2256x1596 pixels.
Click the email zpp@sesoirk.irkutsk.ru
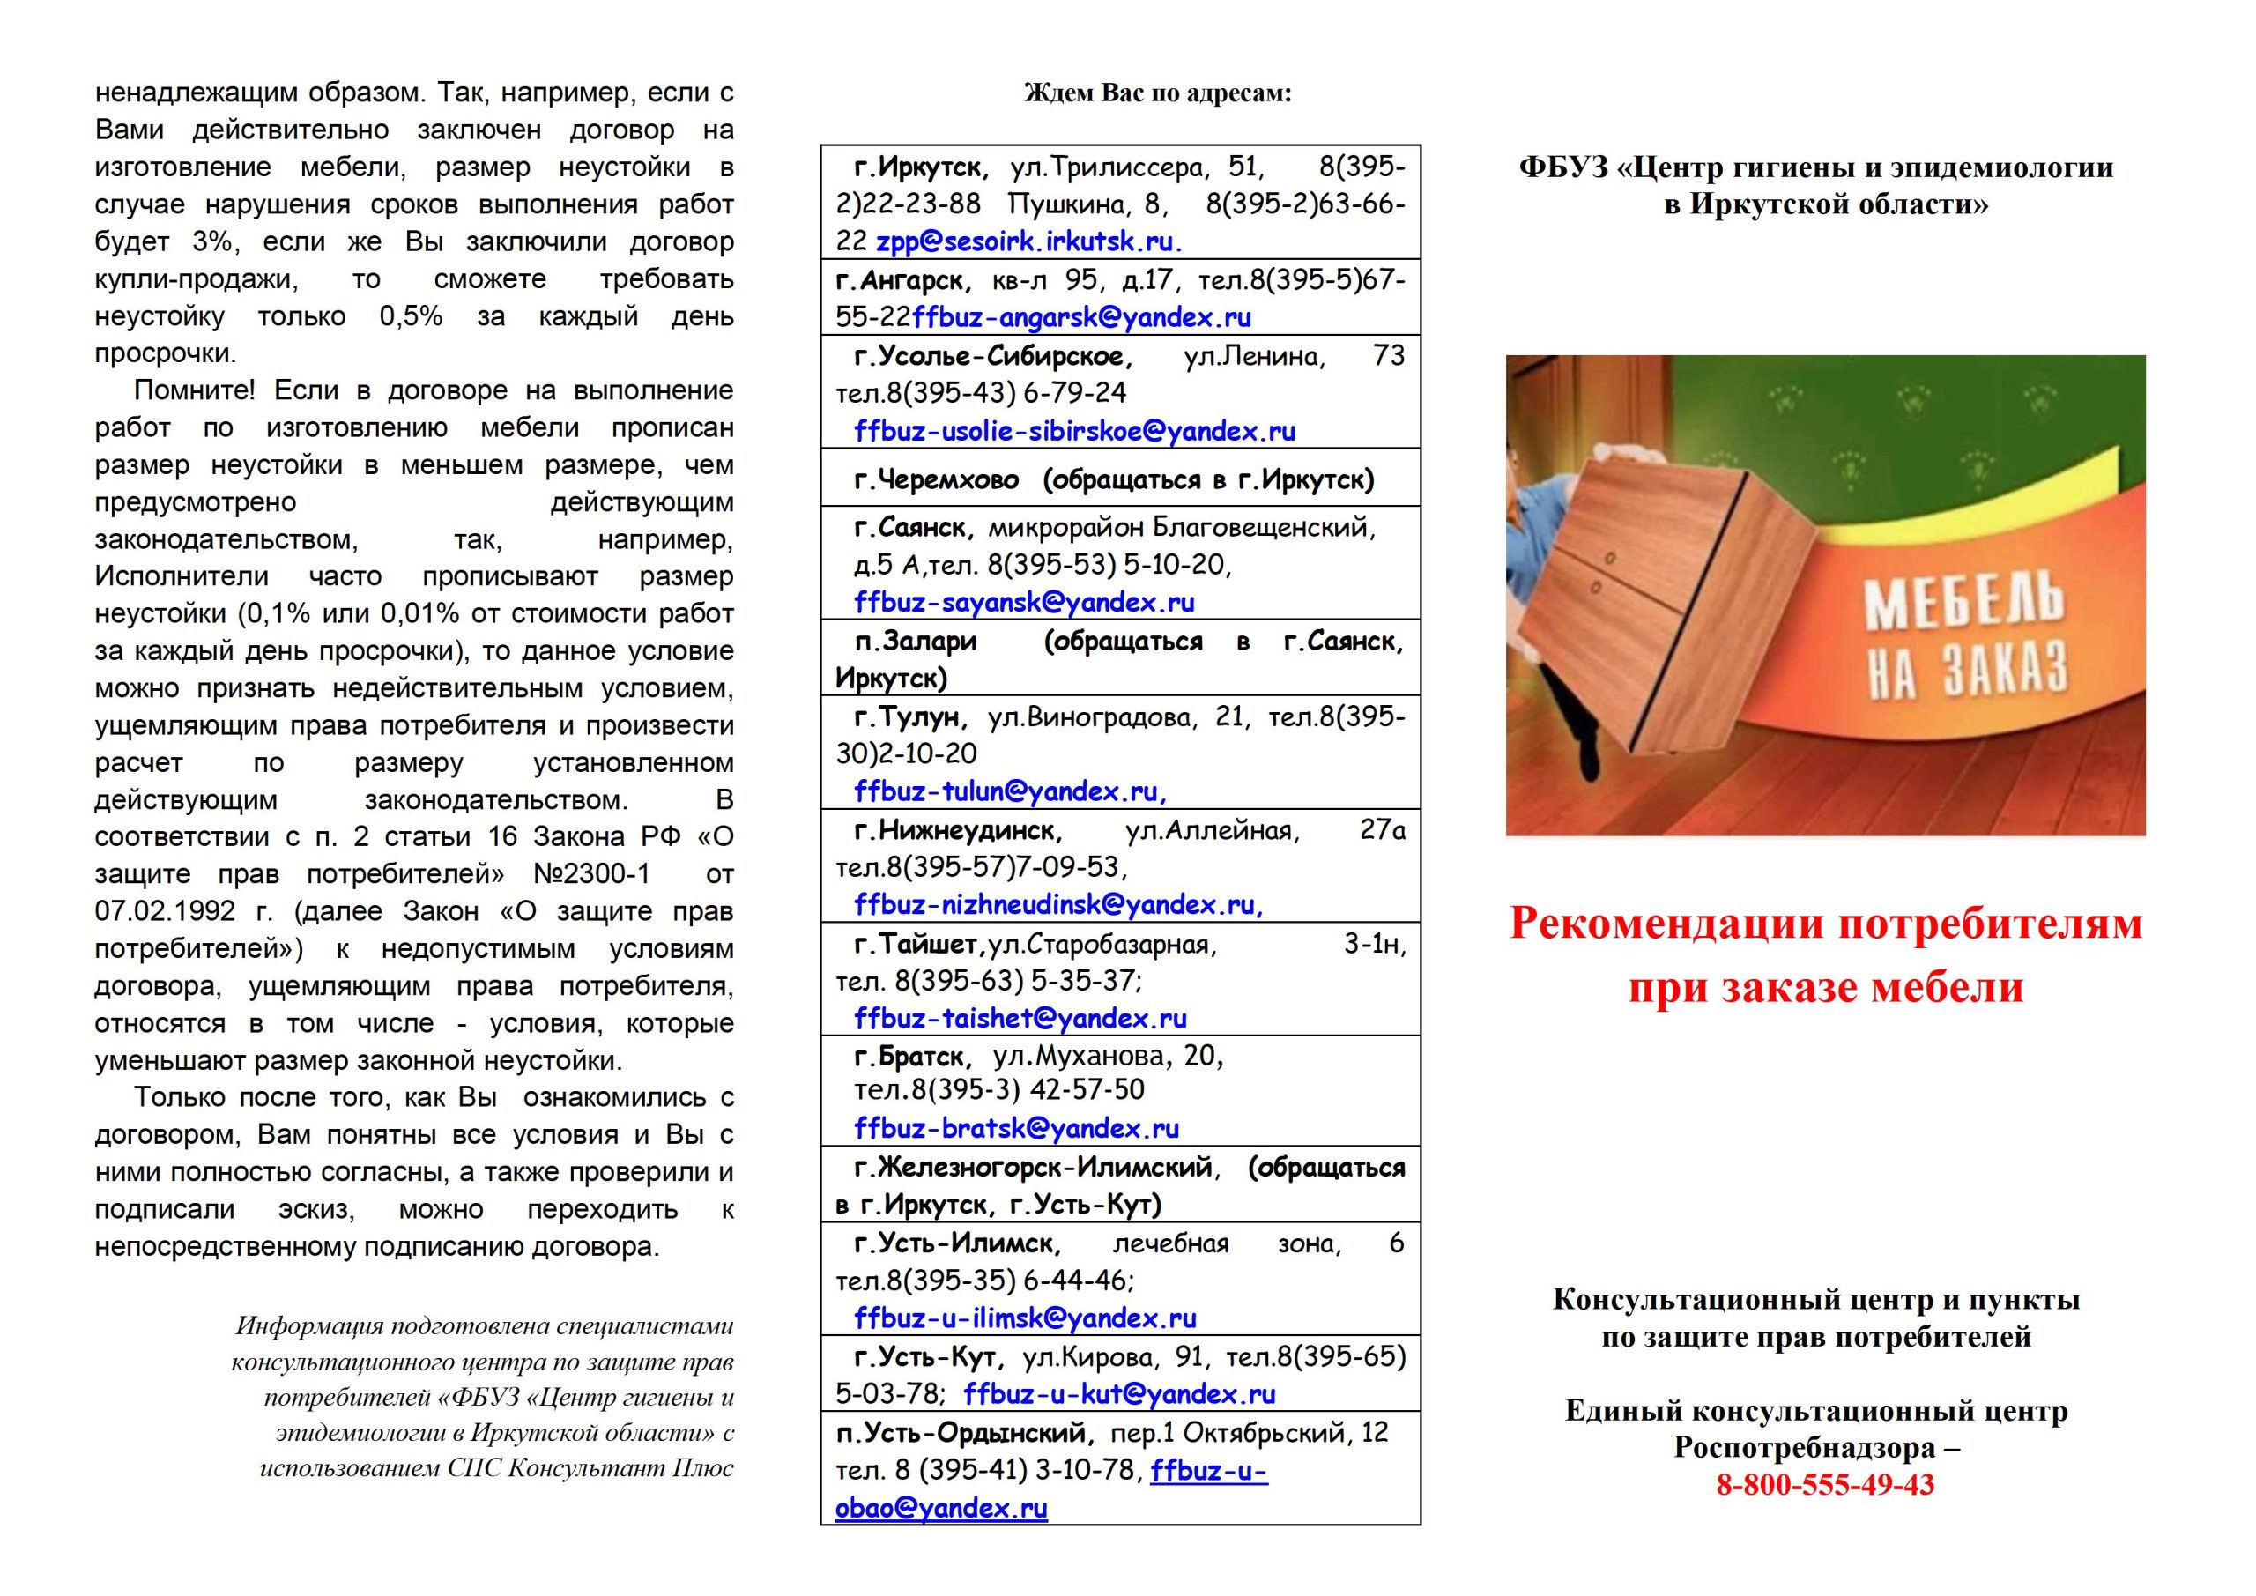tap(1028, 241)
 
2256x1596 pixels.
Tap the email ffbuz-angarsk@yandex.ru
tap(1082, 317)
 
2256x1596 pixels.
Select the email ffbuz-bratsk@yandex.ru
tap(1017, 1128)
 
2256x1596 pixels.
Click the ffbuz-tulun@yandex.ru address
tap(1010, 791)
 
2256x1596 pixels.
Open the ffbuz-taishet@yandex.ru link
tap(1020, 1018)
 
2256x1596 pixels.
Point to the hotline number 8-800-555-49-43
tap(1825, 1484)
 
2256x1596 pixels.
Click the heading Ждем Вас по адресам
tap(1157, 93)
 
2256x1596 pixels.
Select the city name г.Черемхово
tap(937, 479)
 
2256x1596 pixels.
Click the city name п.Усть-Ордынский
tap(964, 1433)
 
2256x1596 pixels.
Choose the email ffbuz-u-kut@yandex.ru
tap(1119, 1393)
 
